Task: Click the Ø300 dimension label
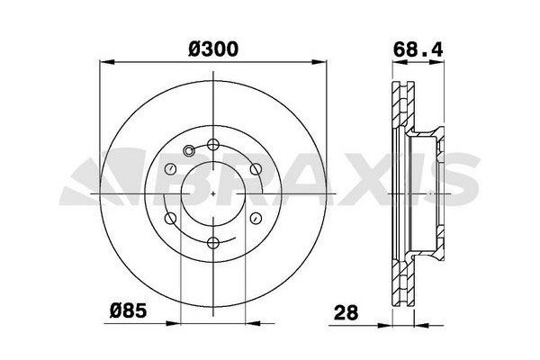pos(213,49)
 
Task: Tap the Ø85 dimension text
pos(128,310)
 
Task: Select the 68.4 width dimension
pos(418,49)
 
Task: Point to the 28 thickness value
pos(346,312)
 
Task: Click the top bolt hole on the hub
pos(213,144)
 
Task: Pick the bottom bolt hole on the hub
pos(213,243)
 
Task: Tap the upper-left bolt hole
pos(171,169)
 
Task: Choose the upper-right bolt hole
pos(256,169)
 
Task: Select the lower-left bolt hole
pos(170,218)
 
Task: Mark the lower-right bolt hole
pos(256,218)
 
